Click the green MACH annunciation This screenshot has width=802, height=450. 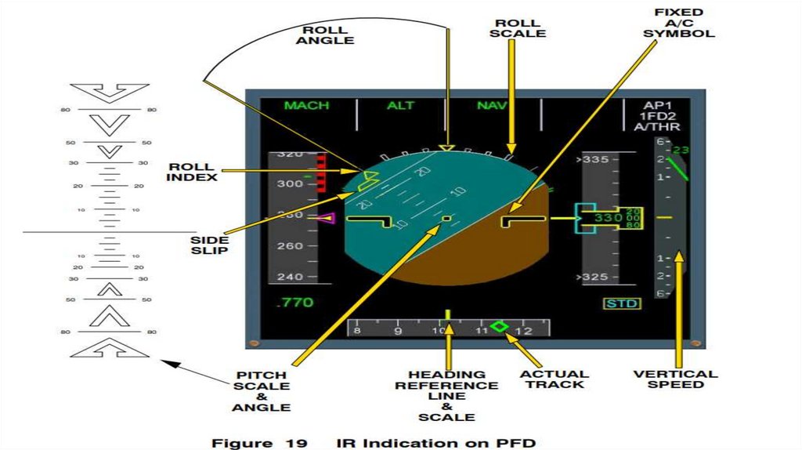pyautogui.click(x=306, y=106)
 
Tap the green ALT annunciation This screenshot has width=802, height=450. pyautogui.click(x=400, y=106)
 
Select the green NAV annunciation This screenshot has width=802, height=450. pyautogui.click(x=492, y=106)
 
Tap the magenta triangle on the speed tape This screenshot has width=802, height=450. pyautogui.click(x=326, y=219)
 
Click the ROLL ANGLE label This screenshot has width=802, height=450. pyautogui.click(x=324, y=35)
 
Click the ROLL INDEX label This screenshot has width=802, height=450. pyautogui.click(x=192, y=172)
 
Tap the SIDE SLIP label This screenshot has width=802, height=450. pyautogui.click(x=209, y=245)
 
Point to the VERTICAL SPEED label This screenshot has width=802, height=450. pyautogui.click(x=675, y=380)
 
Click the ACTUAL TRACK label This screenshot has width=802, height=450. pyautogui.click(x=553, y=379)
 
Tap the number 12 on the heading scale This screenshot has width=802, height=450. pyautogui.click(x=524, y=331)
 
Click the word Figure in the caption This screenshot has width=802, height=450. pyautogui.click(x=239, y=442)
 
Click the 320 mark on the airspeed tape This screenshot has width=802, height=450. pyautogui.click(x=290, y=155)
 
